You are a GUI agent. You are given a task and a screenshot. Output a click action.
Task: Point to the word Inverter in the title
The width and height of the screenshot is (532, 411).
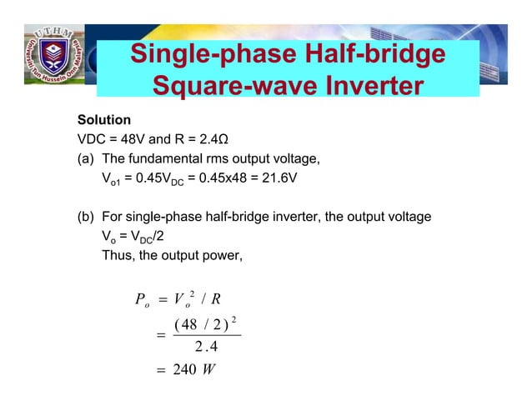pyautogui.click(x=360, y=87)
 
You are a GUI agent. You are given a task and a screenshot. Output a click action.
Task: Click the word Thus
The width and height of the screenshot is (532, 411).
pyautogui.click(x=117, y=255)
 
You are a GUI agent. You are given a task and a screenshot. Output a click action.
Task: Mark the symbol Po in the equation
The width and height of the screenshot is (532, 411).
pyautogui.click(x=141, y=299)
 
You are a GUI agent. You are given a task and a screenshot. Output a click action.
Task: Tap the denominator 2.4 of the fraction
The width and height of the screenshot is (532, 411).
pyautogui.click(x=204, y=348)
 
